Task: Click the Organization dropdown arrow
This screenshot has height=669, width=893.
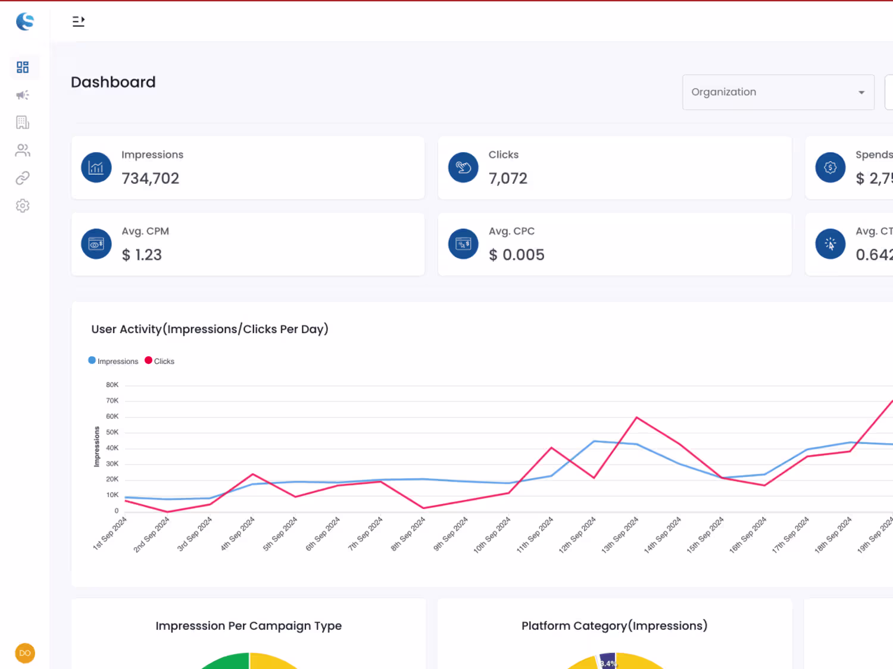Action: pyautogui.click(x=861, y=93)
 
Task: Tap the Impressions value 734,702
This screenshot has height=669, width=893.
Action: pyautogui.click(x=150, y=178)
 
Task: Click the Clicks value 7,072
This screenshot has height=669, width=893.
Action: pyautogui.click(x=508, y=178)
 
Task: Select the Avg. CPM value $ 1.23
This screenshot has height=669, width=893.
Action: pyautogui.click(x=142, y=255)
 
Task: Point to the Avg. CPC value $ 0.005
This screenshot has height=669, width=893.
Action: pyautogui.click(x=516, y=255)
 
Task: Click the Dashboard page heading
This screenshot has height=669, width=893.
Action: pyautogui.click(x=113, y=82)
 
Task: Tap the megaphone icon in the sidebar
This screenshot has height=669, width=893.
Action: pyautogui.click(x=23, y=95)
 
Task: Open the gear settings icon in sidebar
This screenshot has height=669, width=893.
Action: pyautogui.click(x=23, y=206)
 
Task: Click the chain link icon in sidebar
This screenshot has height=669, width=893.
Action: pyautogui.click(x=23, y=178)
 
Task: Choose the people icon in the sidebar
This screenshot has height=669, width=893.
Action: pyautogui.click(x=23, y=150)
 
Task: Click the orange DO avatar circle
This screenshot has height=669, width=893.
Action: pyautogui.click(x=25, y=653)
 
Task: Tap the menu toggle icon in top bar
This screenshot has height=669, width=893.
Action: pyautogui.click(x=79, y=21)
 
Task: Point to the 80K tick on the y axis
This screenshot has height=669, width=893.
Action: pyautogui.click(x=112, y=385)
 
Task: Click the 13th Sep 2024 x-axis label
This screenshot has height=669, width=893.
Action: pyautogui.click(x=620, y=535)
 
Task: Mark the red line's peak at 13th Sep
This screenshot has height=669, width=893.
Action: pyautogui.click(x=637, y=417)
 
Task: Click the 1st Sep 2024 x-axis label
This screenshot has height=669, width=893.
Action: pyautogui.click(x=110, y=533)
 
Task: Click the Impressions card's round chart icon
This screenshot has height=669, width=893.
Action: pyautogui.click(x=96, y=168)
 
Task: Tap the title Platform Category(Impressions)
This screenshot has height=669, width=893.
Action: pyautogui.click(x=614, y=626)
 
